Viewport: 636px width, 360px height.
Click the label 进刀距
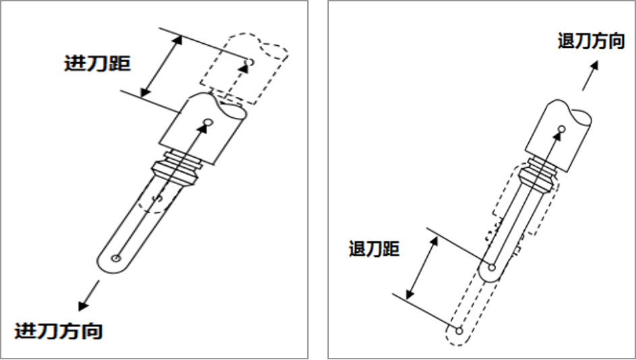[x=97, y=63]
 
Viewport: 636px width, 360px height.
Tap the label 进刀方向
[x=59, y=331]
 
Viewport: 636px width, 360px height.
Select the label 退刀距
[x=374, y=248]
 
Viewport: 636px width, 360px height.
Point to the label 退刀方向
[x=591, y=41]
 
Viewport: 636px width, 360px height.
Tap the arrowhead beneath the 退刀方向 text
[x=594, y=66]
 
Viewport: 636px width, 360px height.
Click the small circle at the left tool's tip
[x=117, y=258]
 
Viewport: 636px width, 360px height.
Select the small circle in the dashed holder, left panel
[x=250, y=62]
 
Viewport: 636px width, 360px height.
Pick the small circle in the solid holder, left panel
[x=208, y=122]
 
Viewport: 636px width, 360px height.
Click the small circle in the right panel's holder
[x=561, y=129]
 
